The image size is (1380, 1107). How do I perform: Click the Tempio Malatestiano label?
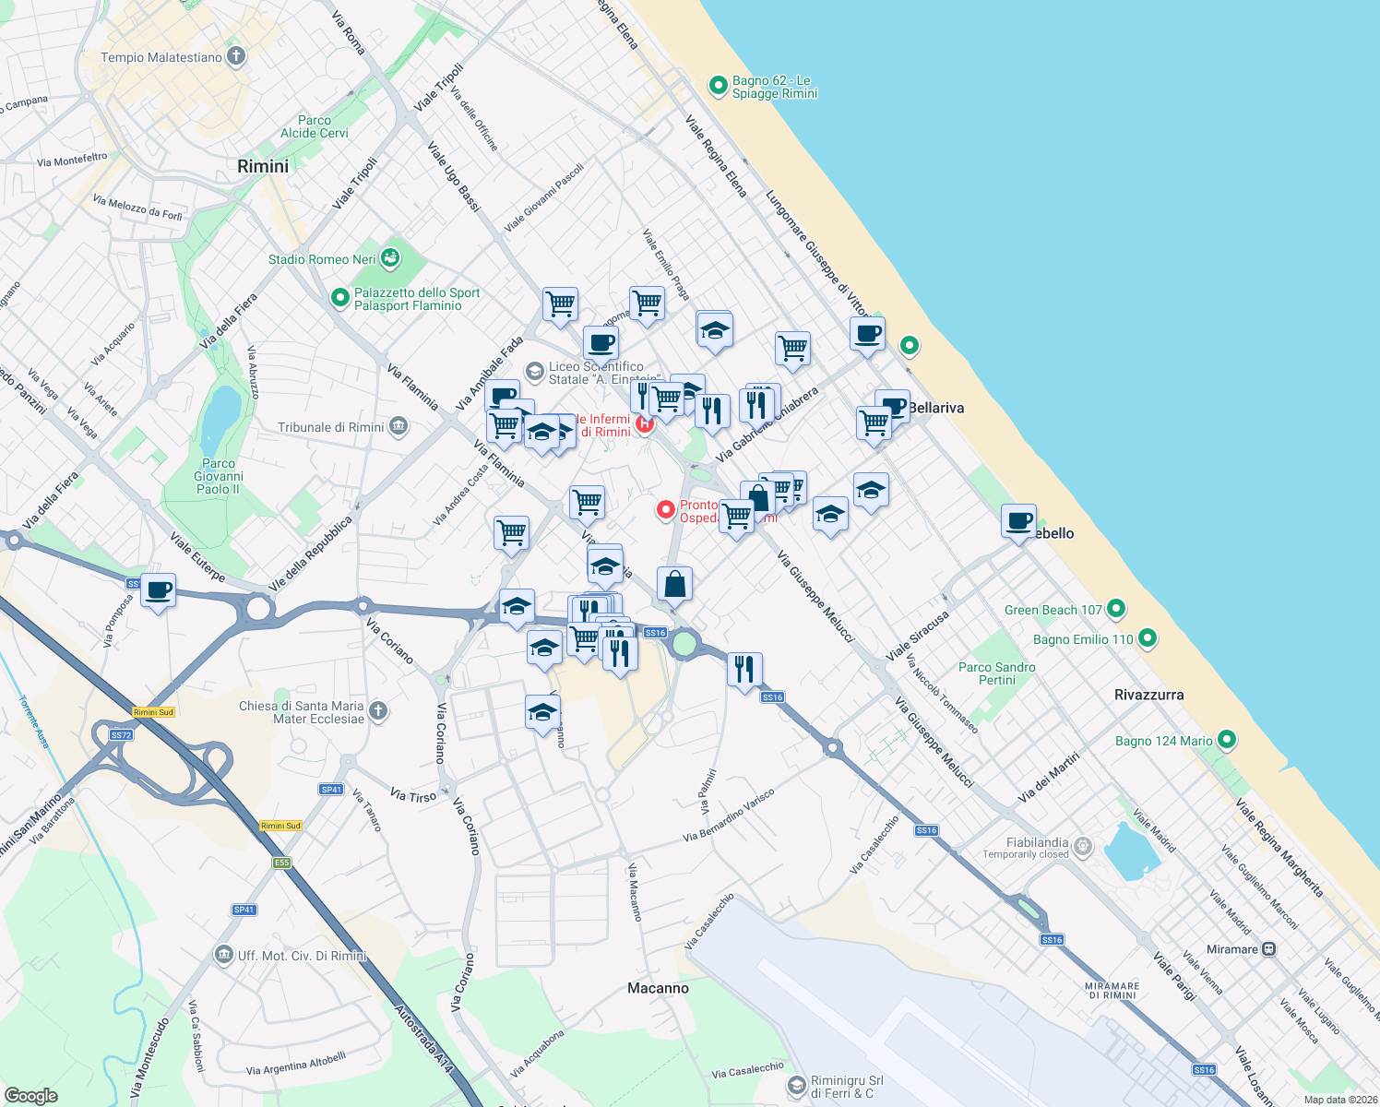pyautogui.click(x=161, y=57)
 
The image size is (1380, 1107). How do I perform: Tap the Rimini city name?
pyautogui.click(x=263, y=167)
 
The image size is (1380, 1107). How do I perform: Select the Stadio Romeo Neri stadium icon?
pyautogui.click(x=390, y=258)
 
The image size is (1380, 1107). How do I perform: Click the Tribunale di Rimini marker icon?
pyautogui.click(x=399, y=426)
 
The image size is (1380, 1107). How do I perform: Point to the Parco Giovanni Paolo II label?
pyautogui.click(x=219, y=476)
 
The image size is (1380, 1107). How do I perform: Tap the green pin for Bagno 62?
pyautogui.click(x=718, y=86)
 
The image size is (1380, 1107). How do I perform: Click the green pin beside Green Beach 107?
pyautogui.click(x=1116, y=609)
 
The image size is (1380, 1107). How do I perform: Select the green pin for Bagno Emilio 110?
pyautogui.click(x=1148, y=638)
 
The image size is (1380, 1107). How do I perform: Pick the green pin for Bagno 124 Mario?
pyautogui.click(x=1227, y=740)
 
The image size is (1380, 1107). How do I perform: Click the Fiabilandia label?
pyautogui.click(x=1037, y=842)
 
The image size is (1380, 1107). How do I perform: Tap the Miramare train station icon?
pyautogui.click(x=1269, y=948)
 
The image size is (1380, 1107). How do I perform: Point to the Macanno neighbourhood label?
pyautogui.click(x=658, y=988)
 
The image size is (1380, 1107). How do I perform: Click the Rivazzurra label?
pyautogui.click(x=1148, y=695)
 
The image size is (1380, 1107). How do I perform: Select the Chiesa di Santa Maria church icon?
pyautogui.click(x=377, y=710)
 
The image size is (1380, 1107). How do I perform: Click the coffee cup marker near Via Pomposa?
pyautogui.click(x=159, y=590)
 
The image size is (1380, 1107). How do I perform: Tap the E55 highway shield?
pyautogui.click(x=281, y=863)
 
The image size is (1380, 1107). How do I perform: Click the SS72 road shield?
pyautogui.click(x=121, y=735)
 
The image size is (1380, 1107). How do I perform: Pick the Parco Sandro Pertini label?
pyautogui.click(x=996, y=673)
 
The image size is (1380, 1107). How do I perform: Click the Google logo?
pyautogui.click(x=30, y=1096)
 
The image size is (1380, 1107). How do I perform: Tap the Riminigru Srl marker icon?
pyautogui.click(x=797, y=1087)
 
